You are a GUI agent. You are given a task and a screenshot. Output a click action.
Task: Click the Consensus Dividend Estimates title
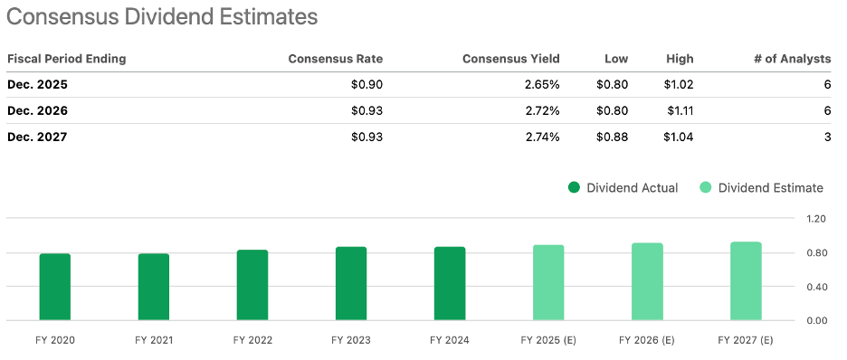click(163, 17)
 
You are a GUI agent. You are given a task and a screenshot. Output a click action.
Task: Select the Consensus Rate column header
click(335, 59)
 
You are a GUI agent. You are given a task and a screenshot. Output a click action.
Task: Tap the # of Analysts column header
click(792, 59)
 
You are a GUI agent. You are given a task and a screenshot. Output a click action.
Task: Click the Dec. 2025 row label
click(37, 85)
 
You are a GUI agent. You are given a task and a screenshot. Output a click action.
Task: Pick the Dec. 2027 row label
click(37, 137)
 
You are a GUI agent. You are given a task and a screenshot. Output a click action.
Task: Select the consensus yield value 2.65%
click(540, 85)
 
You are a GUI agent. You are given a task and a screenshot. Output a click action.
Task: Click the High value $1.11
click(680, 111)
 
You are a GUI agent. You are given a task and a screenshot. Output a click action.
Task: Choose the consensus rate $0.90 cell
click(366, 85)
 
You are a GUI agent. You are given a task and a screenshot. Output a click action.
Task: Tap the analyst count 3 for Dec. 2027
click(826, 137)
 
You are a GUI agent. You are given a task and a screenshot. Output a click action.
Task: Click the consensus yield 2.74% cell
click(540, 137)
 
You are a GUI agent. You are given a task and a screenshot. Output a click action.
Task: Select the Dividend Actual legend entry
click(623, 188)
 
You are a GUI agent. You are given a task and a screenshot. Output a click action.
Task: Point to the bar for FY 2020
click(55, 287)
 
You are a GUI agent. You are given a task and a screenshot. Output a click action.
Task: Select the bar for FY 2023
click(351, 283)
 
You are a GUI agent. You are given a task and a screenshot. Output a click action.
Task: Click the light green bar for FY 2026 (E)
click(647, 281)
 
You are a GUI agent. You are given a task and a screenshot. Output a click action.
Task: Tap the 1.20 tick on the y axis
click(816, 219)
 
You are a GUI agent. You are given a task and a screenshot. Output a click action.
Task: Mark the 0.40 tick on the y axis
click(816, 287)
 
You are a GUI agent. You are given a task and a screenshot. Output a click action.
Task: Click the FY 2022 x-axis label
click(252, 341)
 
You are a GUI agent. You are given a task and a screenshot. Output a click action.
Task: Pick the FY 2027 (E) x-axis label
click(746, 341)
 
